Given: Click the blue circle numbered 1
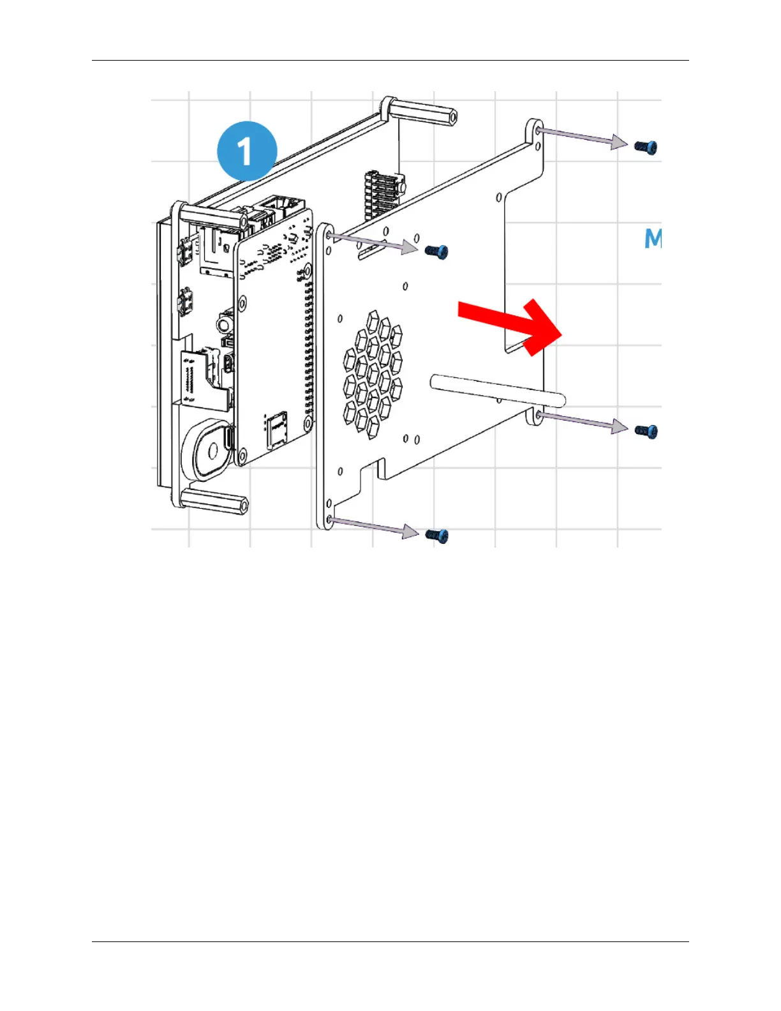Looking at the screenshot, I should (247, 151).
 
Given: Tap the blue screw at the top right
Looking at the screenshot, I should (646, 147).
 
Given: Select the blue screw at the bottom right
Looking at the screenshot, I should (646, 431).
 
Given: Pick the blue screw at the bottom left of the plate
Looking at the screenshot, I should (437, 535).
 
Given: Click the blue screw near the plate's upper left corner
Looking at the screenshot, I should (437, 252).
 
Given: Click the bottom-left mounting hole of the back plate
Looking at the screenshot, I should (329, 520).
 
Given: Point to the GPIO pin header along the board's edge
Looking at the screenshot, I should (309, 345).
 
